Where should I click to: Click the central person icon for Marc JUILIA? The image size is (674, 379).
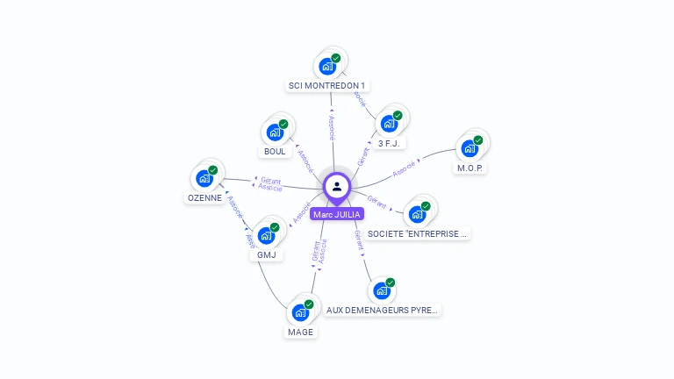point(337,186)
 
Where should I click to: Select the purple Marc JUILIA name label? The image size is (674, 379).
point(337,214)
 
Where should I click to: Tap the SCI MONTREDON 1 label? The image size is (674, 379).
point(327,86)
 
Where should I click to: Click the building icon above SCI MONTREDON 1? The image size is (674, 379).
point(327,66)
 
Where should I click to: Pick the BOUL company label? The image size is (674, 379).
point(275,151)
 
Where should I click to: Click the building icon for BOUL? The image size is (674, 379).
point(275,132)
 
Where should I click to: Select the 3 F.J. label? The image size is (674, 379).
point(388,143)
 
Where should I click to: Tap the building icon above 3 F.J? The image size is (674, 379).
point(388,124)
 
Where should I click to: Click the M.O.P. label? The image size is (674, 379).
point(470,168)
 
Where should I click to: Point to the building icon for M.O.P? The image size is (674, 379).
point(470,148)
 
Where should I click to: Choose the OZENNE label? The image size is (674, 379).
point(204,197)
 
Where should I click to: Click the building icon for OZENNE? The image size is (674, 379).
point(204,178)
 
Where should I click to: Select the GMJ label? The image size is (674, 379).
point(267,254)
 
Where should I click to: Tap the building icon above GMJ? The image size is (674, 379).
point(266,235)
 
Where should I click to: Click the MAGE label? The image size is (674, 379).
point(300,332)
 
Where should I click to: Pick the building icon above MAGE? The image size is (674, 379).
point(300,312)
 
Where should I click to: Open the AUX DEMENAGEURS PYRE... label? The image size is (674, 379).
point(382,310)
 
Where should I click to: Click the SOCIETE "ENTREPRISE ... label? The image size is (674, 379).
point(418,233)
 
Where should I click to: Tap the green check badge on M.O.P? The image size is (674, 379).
point(478,139)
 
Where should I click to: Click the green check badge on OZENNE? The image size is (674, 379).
point(213,169)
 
